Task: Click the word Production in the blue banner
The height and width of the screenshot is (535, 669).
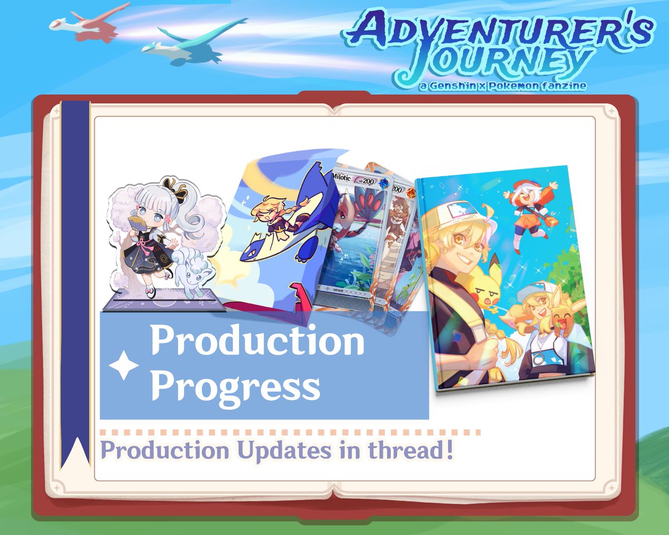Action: pos(258,342)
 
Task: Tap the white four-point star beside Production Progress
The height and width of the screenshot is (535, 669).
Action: pos(123,366)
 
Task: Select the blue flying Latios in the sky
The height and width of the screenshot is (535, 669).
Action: pos(192,42)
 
